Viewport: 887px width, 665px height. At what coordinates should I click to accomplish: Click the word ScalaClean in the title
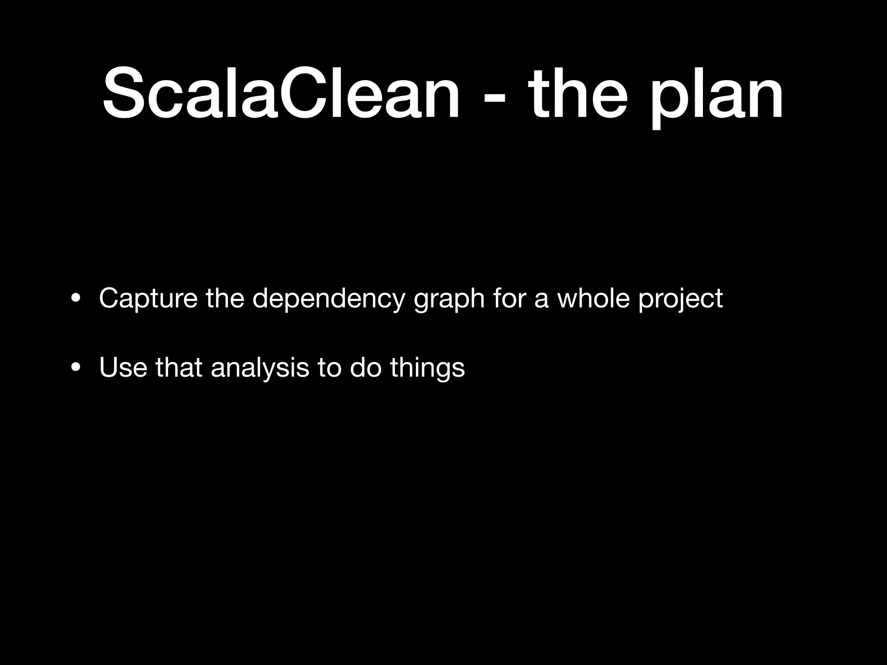[281, 93]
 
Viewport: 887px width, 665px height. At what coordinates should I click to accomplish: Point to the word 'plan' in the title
[715, 97]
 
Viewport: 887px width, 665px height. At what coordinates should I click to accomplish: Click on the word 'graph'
[449, 300]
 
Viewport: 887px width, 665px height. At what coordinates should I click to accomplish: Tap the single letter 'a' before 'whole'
[541, 299]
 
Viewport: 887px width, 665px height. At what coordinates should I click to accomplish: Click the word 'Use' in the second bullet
[123, 367]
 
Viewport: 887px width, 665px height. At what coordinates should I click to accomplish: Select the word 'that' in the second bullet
[179, 367]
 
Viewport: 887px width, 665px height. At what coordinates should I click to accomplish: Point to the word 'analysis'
[260, 368]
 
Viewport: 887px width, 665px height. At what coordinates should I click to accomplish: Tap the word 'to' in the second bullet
[329, 367]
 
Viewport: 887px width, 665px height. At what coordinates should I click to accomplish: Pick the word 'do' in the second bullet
[366, 367]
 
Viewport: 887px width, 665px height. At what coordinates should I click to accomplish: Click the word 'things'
[427, 368]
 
